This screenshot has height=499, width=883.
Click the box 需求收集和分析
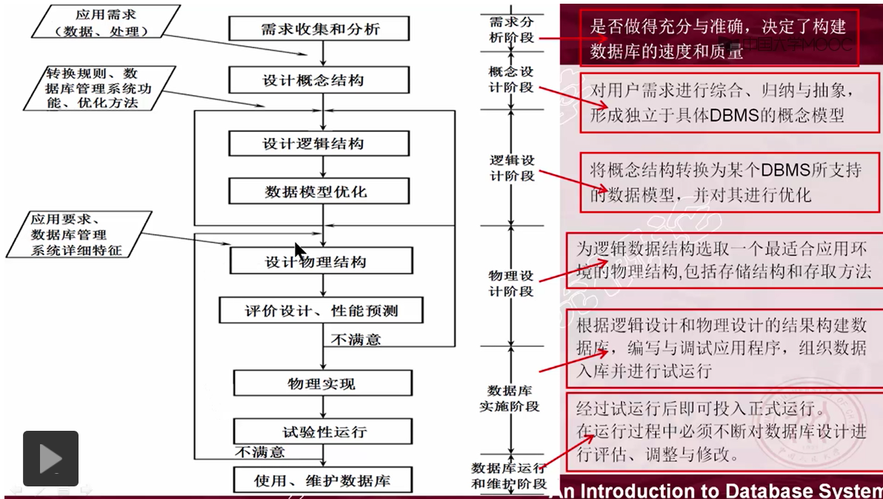(319, 29)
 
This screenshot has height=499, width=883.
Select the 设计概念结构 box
(319, 80)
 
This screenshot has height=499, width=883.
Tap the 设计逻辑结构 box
(319, 144)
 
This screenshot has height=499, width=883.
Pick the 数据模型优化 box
(319, 191)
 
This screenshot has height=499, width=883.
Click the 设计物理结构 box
(321, 262)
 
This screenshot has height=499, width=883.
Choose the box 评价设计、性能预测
(321, 310)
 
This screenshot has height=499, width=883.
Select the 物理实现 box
(322, 383)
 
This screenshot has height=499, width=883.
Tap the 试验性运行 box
(322, 432)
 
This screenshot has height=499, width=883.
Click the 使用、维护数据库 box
(322, 480)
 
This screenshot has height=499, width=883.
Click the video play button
(50, 457)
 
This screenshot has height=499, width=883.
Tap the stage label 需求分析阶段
(511, 30)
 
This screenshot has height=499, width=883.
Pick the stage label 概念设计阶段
(511, 79)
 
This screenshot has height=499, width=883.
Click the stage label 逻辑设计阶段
(512, 168)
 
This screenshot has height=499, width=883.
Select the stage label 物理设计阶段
(511, 283)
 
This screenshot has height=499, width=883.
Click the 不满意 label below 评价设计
(356, 340)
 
